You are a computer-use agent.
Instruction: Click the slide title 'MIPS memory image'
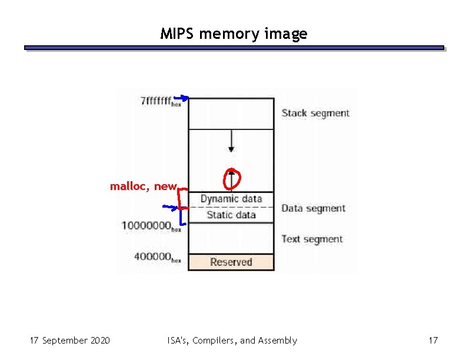[234, 34]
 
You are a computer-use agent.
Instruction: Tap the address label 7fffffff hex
[161, 101]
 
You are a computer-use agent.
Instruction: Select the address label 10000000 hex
[151, 225]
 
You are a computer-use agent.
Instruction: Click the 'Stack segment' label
[315, 113]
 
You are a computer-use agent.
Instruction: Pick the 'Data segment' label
[313, 208]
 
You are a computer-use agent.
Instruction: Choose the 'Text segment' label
[312, 239]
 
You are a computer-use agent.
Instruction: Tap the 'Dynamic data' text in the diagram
[231, 199]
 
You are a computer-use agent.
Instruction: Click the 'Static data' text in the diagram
[231, 215]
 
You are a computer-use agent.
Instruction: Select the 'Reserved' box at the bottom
[231, 262]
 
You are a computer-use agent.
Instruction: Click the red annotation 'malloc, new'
[143, 186]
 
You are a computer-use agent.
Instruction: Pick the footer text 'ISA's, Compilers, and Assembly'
[232, 341]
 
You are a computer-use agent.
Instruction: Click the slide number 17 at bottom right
[434, 341]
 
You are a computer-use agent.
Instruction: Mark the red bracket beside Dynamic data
[183, 198]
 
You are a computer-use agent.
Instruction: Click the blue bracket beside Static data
[183, 217]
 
